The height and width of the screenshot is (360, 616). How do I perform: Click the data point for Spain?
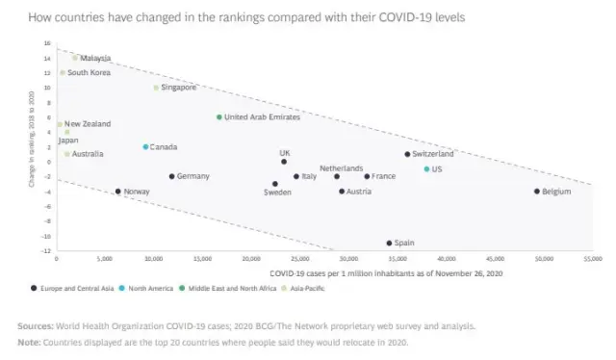pyautogui.click(x=389, y=243)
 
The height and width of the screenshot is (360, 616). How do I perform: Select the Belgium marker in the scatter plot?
pyautogui.click(x=537, y=192)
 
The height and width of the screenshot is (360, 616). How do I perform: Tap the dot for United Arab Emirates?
pyautogui.click(x=219, y=117)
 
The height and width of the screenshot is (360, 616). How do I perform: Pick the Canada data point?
pyautogui.click(x=145, y=147)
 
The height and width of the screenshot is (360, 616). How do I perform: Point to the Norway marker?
pyautogui.click(x=118, y=192)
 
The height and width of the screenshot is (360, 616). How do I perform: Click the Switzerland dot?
pyautogui.click(x=407, y=154)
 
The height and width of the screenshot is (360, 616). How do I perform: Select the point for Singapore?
pyautogui.click(x=156, y=88)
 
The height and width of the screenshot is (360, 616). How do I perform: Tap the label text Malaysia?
pyautogui.click(x=96, y=58)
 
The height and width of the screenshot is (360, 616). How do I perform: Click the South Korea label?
pyautogui.click(x=89, y=72)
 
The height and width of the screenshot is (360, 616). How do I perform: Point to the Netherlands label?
pyautogui.click(x=341, y=167)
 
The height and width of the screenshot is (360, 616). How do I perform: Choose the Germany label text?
pyautogui.click(x=193, y=176)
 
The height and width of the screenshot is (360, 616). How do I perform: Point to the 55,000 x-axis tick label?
pyautogui.click(x=593, y=259)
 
